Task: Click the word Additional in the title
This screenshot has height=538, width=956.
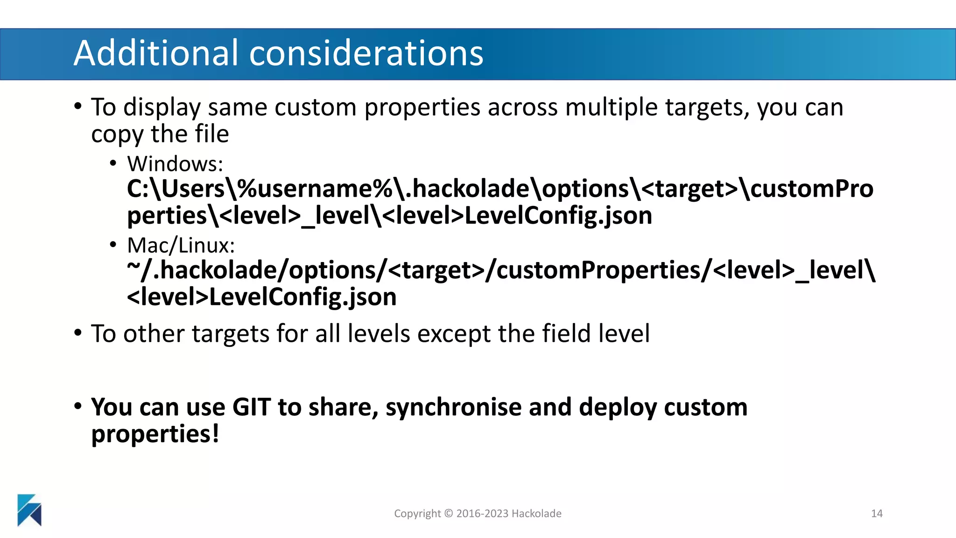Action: [156, 53]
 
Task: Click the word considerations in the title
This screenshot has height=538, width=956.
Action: [366, 53]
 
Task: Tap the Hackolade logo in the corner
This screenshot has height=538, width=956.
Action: [29, 510]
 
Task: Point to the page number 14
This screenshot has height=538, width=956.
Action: [877, 514]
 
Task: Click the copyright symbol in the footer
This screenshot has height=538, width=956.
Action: [448, 514]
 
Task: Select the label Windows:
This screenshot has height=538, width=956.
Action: [175, 164]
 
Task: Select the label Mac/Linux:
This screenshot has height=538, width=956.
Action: [181, 246]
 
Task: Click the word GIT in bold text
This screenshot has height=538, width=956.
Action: [251, 407]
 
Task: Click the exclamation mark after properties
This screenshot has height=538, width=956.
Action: [215, 433]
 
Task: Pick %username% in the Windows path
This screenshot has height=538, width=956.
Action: [315, 189]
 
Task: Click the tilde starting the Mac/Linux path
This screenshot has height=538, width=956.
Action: [134, 266]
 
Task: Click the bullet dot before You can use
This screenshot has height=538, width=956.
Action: [78, 405]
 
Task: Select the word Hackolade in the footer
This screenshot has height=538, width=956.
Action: [536, 514]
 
